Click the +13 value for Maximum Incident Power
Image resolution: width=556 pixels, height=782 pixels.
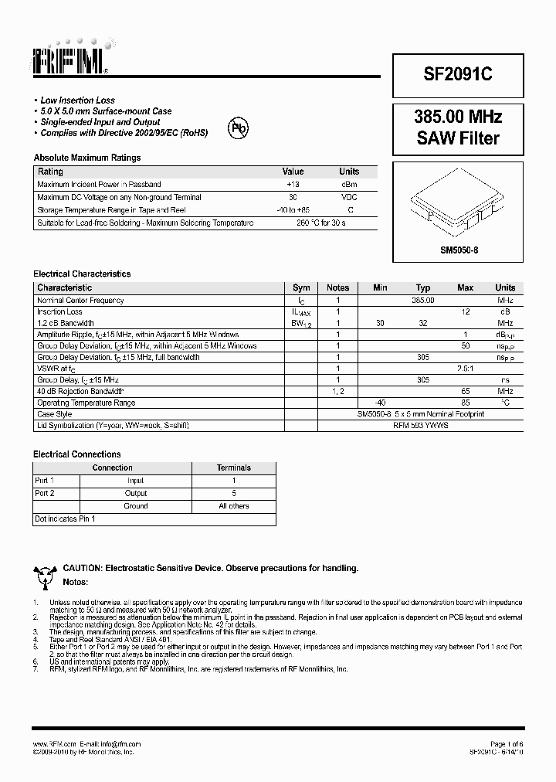pos(293,185)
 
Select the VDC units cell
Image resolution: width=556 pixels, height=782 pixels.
pos(349,197)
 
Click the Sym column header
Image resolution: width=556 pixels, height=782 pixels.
pos(301,287)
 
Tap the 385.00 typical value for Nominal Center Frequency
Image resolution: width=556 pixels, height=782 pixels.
pos(423,300)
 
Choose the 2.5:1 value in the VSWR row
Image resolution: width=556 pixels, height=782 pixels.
pos(465,369)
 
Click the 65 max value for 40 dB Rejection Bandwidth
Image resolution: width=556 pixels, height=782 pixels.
pos(465,392)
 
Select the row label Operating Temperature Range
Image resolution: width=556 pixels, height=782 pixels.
pos(86,403)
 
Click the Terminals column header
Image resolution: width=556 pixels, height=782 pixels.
pos(234,467)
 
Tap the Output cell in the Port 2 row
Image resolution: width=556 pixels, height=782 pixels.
pos(136,493)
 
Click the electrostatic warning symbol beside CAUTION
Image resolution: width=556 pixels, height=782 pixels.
pos(45,574)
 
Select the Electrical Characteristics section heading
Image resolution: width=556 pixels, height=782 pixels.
pos(82,274)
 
